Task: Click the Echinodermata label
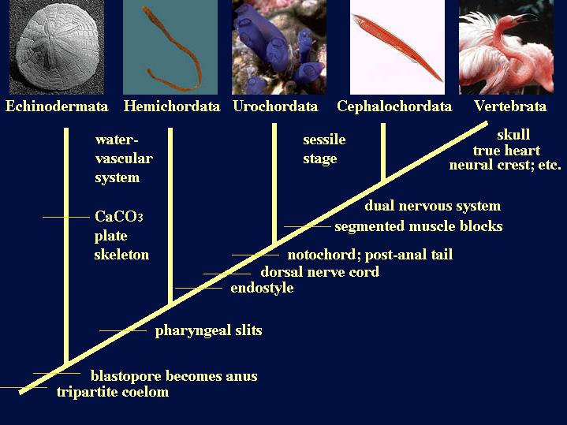point(57,106)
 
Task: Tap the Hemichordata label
point(172,106)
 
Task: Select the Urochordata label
point(275,106)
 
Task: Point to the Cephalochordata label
point(394,106)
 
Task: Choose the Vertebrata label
point(510,106)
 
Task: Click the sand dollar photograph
point(57,47)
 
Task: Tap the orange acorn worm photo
point(170,47)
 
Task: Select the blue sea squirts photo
point(279,47)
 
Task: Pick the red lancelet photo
point(397,47)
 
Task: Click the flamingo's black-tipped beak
point(527,17)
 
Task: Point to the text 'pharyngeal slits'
point(209,331)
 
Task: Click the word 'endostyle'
point(262,289)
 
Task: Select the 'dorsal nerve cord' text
point(320,272)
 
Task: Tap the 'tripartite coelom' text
point(113,392)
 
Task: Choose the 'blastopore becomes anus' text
point(174,376)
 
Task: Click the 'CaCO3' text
point(119,217)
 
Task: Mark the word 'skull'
point(513,135)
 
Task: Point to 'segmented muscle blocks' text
point(419,226)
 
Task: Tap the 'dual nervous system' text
point(433,206)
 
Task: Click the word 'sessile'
point(324,140)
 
